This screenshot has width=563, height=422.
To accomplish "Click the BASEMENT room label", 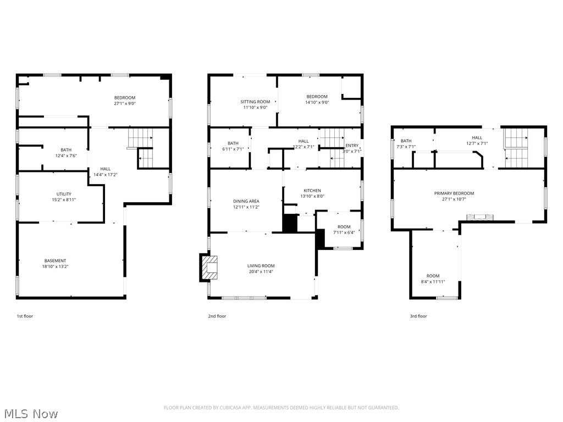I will pyautogui.click(x=56, y=260).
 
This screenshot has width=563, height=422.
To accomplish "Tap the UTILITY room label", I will pyautogui.click(x=64, y=194).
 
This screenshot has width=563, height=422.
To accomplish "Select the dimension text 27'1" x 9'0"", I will pyautogui.click(x=125, y=103).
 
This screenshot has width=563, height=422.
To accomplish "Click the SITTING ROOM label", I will pyautogui.click(x=255, y=102).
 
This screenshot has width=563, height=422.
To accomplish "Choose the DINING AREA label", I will pyautogui.click(x=246, y=201).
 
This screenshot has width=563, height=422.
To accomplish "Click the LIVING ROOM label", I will pyautogui.click(x=261, y=266).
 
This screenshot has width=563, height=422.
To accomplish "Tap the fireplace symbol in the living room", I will pyautogui.click(x=209, y=268).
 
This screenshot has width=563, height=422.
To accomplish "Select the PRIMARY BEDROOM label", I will pyautogui.click(x=454, y=193).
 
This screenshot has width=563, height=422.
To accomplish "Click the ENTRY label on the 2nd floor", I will pyautogui.click(x=352, y=146).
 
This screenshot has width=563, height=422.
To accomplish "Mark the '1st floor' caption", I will pyautogui.click(x=25, y=316).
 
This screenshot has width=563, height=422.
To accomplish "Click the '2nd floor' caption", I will pyautogui.click(x=217, y=316).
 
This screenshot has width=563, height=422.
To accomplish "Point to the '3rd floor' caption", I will pyautogui.click(x=418, y=316).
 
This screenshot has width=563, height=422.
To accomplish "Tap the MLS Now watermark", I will pyautogui.click(x=31, y=413).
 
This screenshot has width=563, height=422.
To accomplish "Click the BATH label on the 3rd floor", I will pyautogui.click(x=406, y=141).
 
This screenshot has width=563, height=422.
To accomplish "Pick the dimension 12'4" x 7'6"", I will pyautogui.click(x=66, y=156).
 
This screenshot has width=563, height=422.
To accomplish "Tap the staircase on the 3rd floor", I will pyautogui.click(x=516, y=148).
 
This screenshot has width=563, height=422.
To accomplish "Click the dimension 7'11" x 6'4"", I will pyautogui.click(x=344, y=232).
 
